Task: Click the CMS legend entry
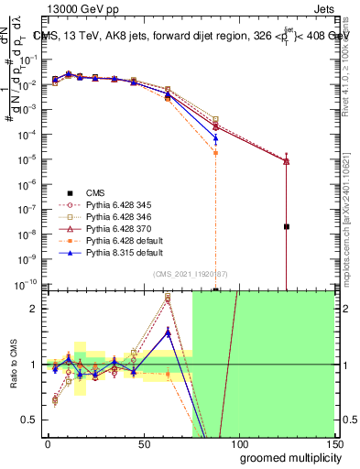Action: pos(95,192)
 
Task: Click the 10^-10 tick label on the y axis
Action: pos(26,285)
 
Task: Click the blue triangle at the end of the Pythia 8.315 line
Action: pos(215,139)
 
